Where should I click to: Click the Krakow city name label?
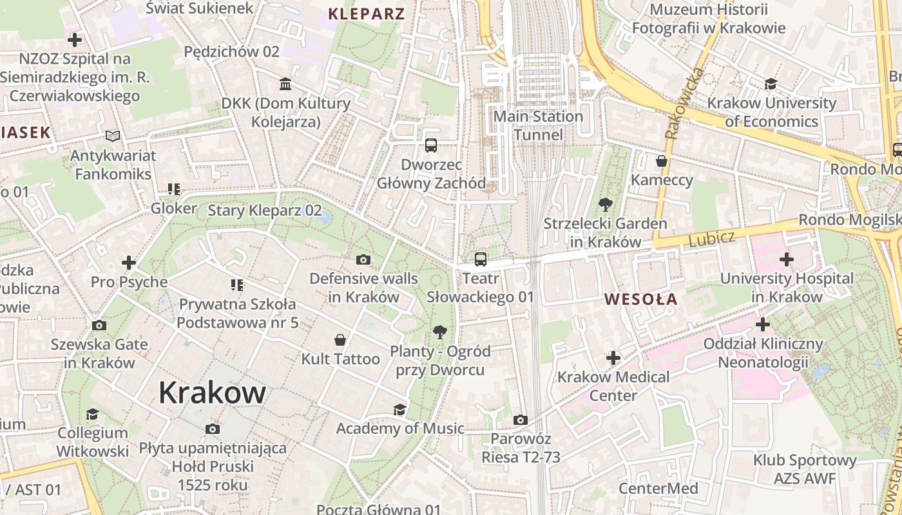pyautogui.click(x=212, y=392)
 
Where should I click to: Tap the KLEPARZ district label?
pyautogui.click(x=367, y=14)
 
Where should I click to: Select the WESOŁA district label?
pyautogui.click(x=641, y=299)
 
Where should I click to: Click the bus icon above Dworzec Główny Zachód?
pyautogui.click(x=431, y=145)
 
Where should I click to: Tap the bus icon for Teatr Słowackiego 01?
pyautogui.click(x=481, y=259)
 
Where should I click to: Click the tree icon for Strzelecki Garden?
pyautogui.click(x=605, y=205)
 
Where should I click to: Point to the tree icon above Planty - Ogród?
pyautogui.click(x=440, y=332)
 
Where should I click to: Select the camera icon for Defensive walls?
pyautogui.click(x=363, y=260)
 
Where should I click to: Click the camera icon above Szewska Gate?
pyautogui.click(x=99, y=326)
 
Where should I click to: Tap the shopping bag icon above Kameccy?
pyautogui.click(x=662, y=161)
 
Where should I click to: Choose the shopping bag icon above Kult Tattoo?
pyautogui.click(x=340, y=340)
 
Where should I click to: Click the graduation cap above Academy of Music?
pyautogui.click(x=400, y=409)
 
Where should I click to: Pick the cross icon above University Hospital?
pyautogui.click(x=786, y=260)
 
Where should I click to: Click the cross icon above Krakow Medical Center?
pyautogui.click(x=613, y=358)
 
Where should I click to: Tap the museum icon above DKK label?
pyautogui.click(x=285, y=84)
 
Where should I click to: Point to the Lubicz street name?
pyautogui.click(x=711, y=239)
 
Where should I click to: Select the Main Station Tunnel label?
pyautogui.click(x=538, y=126)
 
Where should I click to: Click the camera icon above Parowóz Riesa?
pyautogui.click(x=521, y=420)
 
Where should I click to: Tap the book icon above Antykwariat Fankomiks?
pyautogui.click(x=113, y=136)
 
